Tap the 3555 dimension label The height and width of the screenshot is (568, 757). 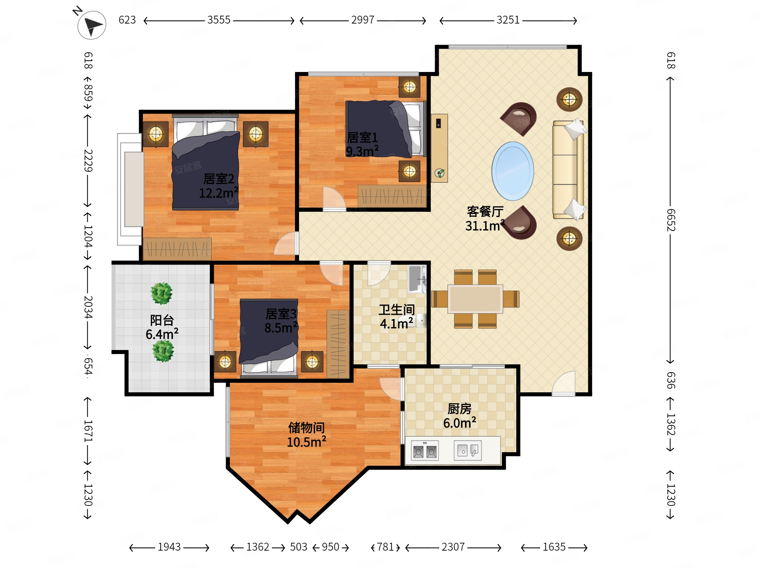219,20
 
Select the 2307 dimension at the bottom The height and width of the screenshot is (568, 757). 453,547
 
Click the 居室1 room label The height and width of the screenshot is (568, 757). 362,137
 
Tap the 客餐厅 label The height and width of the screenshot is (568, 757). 485,212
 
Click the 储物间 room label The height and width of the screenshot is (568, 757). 306,428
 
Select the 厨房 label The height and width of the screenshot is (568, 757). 459,409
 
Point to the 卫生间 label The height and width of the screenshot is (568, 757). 397,310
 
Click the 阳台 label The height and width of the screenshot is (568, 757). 162,320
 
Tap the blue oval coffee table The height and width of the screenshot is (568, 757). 513,171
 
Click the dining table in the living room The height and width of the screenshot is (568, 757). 475,299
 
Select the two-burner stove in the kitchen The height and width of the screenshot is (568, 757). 425,451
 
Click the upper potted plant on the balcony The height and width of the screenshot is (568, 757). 162,293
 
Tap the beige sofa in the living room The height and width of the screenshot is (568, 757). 568,170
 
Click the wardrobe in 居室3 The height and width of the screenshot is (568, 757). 338,344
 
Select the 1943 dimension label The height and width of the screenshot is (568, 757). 169,547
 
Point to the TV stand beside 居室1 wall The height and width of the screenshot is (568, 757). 440,148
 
